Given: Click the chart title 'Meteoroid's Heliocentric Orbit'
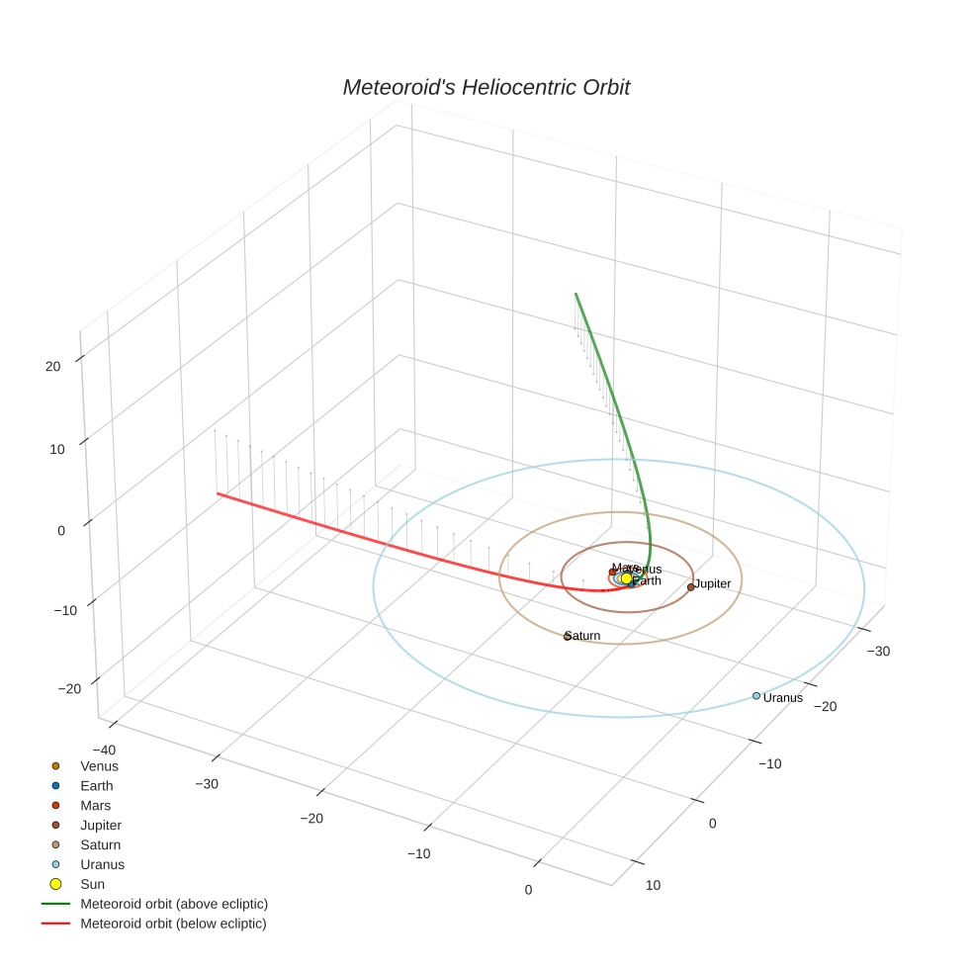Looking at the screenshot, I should pos(486,87).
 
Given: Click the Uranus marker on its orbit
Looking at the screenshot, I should pos(756,695).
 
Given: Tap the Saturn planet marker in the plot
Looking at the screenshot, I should pos(568,636).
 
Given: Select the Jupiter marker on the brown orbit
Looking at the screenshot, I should pos(691,587).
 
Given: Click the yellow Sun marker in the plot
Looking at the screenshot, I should pos(626,577).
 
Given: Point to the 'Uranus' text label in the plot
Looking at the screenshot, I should pos(783,698).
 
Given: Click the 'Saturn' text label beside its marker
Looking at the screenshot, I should pos(584,636).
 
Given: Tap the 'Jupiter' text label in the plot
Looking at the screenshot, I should pos(713,584).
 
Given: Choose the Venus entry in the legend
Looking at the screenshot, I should pos(99,766).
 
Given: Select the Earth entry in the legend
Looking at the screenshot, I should pos(97,786).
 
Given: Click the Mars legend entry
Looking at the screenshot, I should pos(96,806).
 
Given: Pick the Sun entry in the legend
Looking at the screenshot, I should pos(92,884).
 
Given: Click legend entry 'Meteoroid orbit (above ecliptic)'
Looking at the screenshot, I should pos(174,904).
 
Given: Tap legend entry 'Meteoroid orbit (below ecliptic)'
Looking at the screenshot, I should pos(173,924).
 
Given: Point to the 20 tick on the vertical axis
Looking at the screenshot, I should pos(52,366).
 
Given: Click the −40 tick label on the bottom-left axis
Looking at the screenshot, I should pos(103,750).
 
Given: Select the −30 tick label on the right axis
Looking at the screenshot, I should pos(879,651).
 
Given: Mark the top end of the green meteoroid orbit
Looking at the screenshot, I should pos(575,294).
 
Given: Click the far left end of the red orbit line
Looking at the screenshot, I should pos(218,492).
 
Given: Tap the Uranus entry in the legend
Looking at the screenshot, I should pos(102,864).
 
